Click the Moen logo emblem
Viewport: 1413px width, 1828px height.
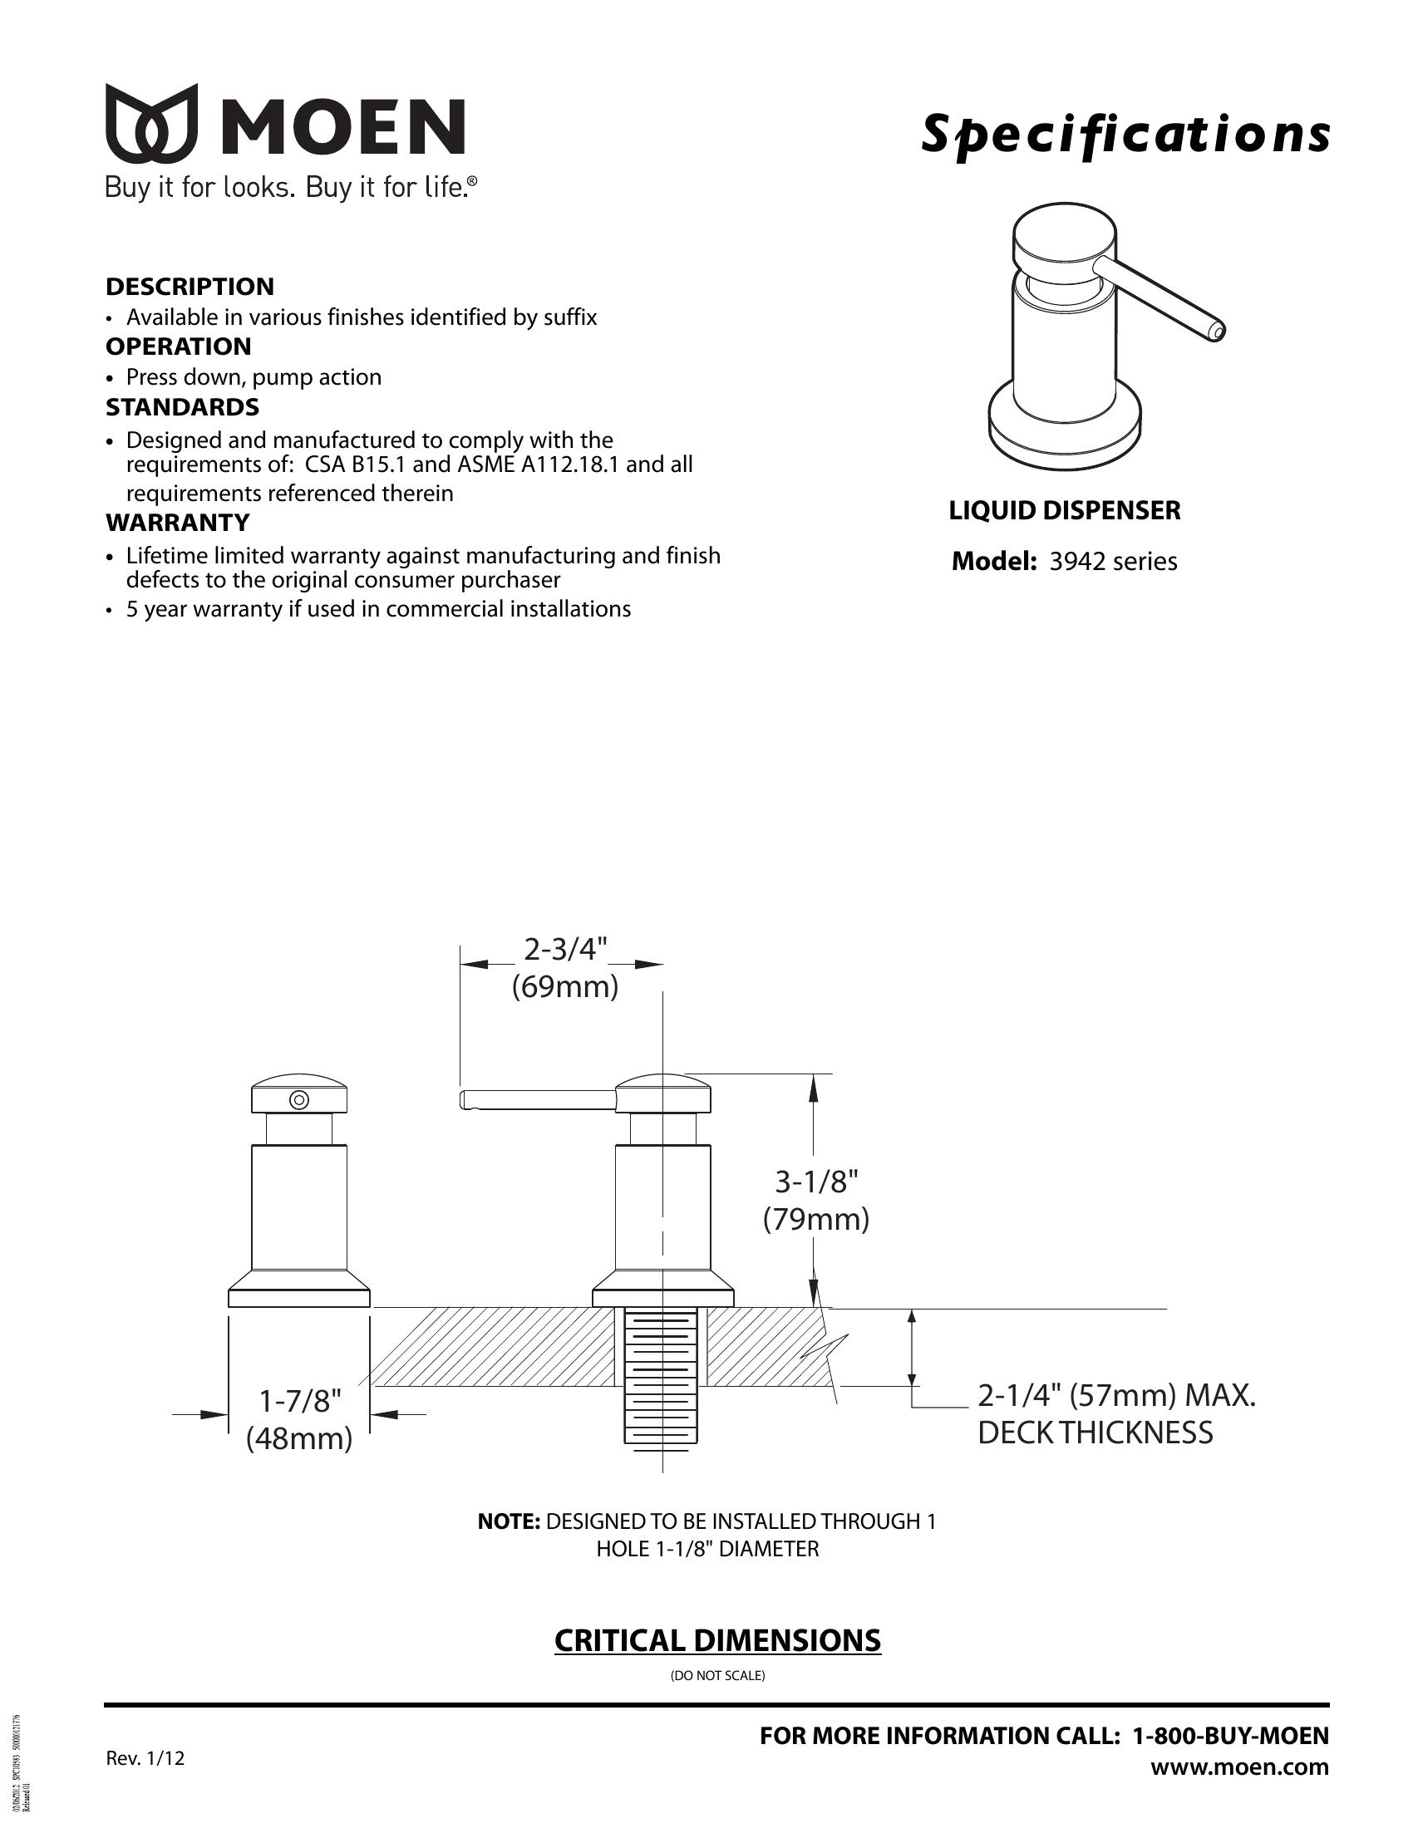151,122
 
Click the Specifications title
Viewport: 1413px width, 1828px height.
1125,134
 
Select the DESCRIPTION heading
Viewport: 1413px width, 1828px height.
190,287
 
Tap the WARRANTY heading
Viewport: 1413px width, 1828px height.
178,523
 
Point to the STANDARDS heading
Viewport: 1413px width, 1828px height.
182,408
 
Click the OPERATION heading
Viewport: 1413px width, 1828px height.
179,346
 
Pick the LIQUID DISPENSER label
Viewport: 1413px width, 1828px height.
1064,509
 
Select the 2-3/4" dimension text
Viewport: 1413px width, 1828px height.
565,949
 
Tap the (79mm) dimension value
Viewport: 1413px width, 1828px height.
815,1220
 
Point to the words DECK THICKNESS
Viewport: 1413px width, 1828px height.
1095,1433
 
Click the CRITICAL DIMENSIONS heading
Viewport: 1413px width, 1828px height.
717,1640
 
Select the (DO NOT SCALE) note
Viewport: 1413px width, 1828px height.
717,1676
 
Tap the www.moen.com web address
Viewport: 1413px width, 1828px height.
1239,1767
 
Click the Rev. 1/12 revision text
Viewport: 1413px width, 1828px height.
145,1758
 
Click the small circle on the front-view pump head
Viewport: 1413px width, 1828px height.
299,1099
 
